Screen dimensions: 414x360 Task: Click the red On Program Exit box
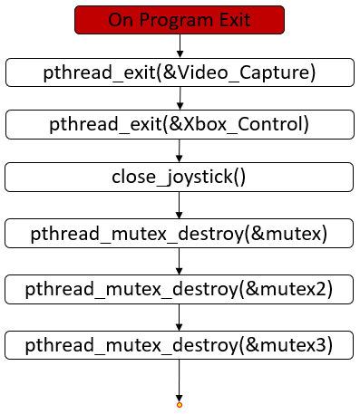pyautogui.click(x=180, y=19)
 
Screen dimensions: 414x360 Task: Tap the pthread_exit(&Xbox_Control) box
pyautogui.click(x=180, y=124)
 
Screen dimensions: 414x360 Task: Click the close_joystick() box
pyautogui.click(x=180, y=178)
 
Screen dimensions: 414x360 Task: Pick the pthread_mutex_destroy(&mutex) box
pyautogui.click(x=180, y=235)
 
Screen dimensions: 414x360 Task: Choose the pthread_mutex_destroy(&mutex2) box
pyautogui.click(x=180, y=290)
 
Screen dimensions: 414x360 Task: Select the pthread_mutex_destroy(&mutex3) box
pyautogui.click(x=180, y=345)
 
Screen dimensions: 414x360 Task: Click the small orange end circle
pyautogui.click(x=180, y=404)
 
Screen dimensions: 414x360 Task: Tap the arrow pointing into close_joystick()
pyautogui.click(x=180, y=150)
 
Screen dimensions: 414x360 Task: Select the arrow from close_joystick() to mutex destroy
pyautogui.click(x=180, y=206)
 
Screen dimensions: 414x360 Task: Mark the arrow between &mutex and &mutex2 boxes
pyautogui.click(x=180, y=263)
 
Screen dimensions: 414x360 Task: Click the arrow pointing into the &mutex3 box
pyautogui.click(x=180, y=318)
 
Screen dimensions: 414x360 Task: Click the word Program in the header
pyautogui.click(x=176, y=19)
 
